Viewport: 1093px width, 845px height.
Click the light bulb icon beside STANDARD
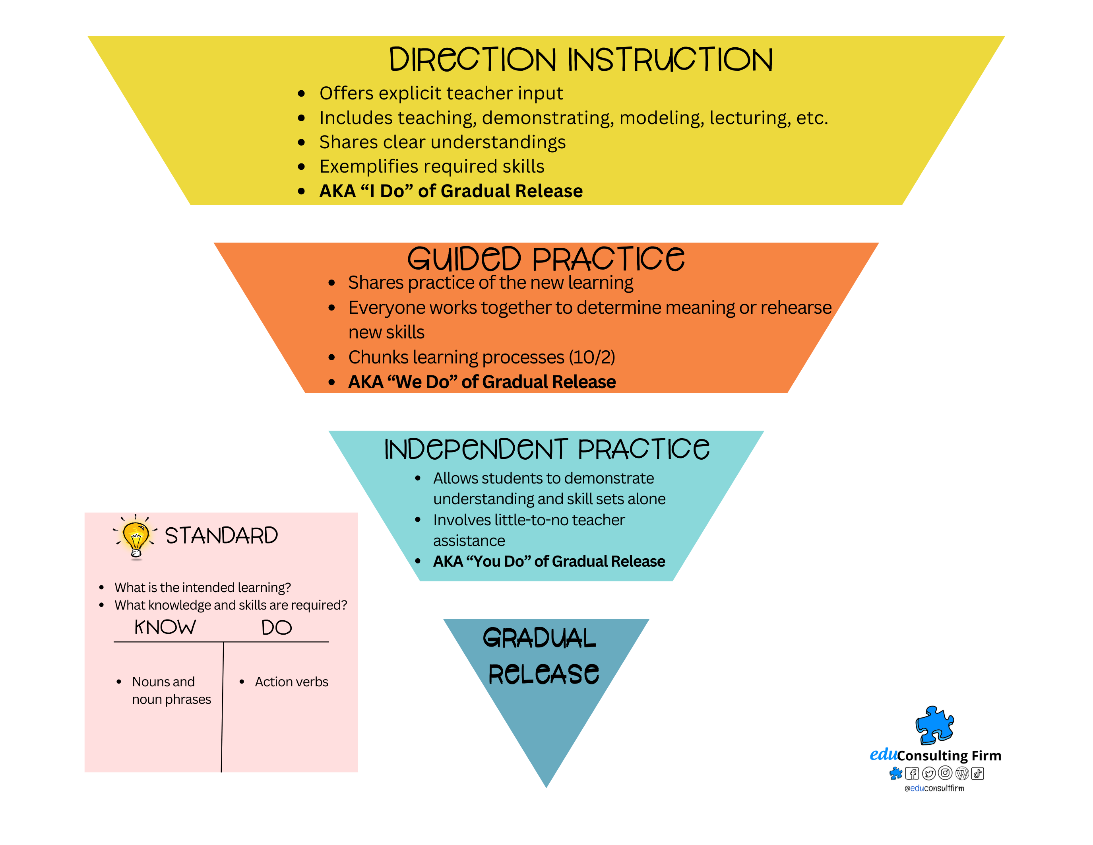tap(136, 538)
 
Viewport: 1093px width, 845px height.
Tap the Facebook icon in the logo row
tap(912, 773)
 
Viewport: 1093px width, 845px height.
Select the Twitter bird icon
tap(929, 773)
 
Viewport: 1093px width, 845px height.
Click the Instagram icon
tap(945, 773)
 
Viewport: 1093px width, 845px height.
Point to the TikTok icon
tap(977, 773)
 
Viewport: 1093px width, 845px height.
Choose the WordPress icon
tap(961, 773)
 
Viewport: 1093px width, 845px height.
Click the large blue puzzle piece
tap(934, 725)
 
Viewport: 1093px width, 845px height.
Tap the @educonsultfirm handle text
tap(934, 789)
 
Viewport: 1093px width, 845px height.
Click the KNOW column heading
tap(165, 627)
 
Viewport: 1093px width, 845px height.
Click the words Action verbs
tap(291, 682)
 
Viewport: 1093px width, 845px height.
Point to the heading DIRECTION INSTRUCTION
tap(581, 60)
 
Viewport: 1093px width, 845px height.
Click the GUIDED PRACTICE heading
tap(545, 259)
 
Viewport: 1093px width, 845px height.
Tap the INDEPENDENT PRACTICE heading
tap(546, 449)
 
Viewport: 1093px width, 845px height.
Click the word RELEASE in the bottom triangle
tap(543, 674)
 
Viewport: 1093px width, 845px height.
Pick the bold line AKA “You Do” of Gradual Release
tap(549, 561)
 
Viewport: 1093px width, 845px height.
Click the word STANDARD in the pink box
tap(221, 536)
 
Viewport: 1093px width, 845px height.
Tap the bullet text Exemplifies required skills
tap(432, 167)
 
